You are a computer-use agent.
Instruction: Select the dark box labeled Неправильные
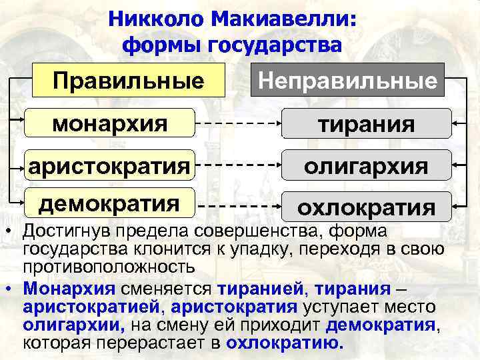tap(347, 81)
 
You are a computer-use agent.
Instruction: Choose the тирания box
tap(366, 125)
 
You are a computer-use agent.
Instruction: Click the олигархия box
tap(366, 165)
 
